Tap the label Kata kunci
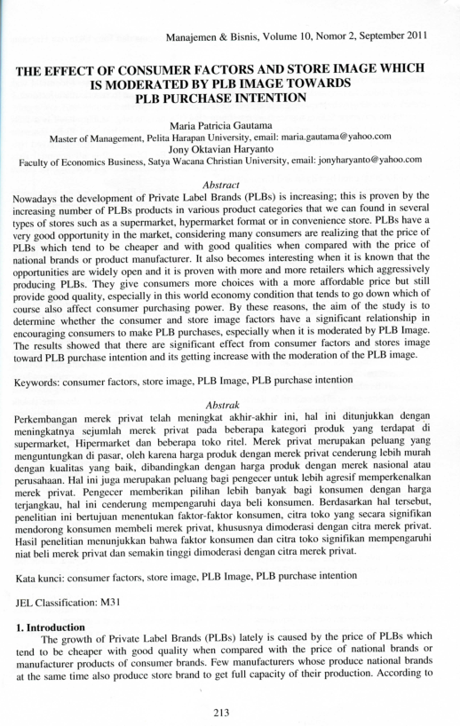tap(40, 576)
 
